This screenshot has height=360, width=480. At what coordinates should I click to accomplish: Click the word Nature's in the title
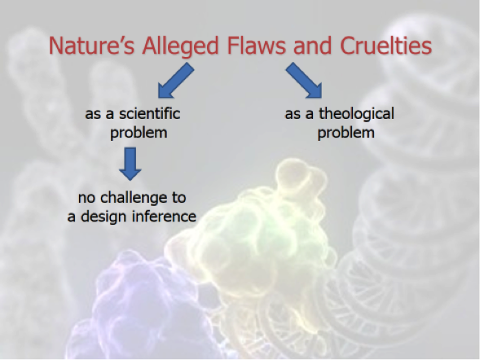coord(91,46)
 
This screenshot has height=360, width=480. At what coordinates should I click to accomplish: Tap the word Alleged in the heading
coord(180,46)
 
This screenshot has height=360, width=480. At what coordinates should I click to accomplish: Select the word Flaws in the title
coord(257,46)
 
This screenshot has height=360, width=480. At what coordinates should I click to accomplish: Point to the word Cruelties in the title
coord(385,46)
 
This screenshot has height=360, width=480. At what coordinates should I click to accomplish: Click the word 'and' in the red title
coord(313,46)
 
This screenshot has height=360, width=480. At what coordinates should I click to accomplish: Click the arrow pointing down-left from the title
coord(175,81)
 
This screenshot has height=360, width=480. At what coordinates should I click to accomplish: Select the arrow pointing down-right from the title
coord(304,81)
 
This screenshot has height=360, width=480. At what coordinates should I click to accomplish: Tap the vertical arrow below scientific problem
coord(130,164)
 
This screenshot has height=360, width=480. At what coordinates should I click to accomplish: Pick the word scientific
coord(149,113)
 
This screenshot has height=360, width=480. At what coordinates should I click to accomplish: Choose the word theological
coord(356,114)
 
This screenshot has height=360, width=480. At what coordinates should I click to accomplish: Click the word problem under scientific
coord(139,134)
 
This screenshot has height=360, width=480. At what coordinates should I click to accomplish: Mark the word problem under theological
coord(346,134)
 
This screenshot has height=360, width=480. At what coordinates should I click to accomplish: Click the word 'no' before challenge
coord(86,199)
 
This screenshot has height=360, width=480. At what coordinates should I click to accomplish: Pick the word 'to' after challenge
coord(178,198)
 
